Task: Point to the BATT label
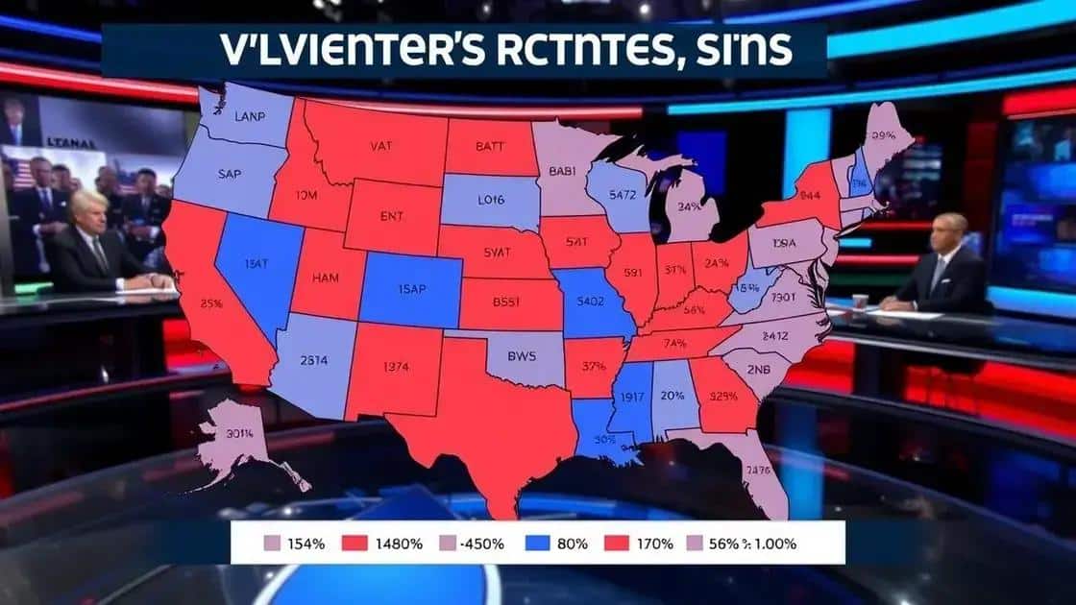pos(489,147)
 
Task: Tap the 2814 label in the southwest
pos(313,360)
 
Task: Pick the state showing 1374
pos(396,366)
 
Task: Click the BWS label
pos(524,354)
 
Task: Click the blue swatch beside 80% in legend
pos(539,544)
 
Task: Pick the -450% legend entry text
pos(482,544)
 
